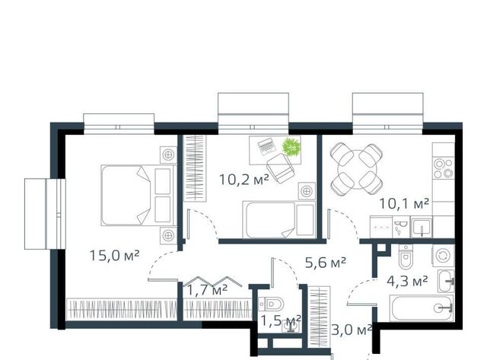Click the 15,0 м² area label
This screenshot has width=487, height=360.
114,255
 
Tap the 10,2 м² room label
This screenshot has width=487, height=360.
243,179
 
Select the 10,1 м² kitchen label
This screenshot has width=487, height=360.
404,204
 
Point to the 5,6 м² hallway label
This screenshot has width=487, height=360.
326,263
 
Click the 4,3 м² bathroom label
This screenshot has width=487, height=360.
407,282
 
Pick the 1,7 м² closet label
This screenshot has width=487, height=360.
207,290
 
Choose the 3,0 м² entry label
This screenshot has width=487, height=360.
352,330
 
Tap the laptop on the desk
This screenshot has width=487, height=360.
267,147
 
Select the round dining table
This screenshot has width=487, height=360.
357,169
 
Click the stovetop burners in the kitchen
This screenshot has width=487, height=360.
444,168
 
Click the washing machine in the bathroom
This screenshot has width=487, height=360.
443,256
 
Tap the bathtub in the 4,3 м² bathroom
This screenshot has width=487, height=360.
422,308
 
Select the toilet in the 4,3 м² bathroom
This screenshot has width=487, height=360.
406,257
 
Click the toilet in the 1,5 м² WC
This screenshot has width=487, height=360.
271,303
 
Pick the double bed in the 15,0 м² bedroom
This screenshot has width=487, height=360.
138,196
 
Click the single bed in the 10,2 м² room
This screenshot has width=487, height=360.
279,220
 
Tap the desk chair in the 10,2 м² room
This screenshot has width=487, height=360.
280,167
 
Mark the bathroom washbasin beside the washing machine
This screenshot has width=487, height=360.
447,281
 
